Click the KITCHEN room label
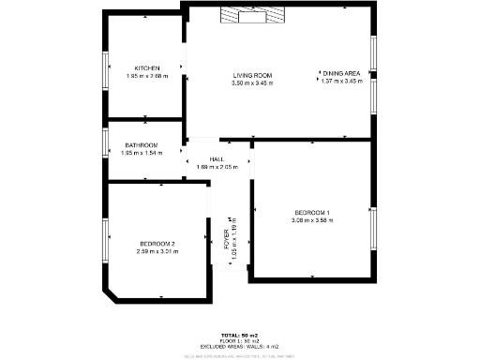147,68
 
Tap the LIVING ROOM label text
252,75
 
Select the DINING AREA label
342,73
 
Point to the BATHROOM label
142,145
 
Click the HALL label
217,159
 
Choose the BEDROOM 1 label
312,213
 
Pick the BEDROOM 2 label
156,244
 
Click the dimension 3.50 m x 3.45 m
252,83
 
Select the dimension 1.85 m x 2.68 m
147,77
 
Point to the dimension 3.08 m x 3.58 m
312,220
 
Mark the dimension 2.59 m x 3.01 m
156,251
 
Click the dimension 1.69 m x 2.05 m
217,167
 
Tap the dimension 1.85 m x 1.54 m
142,153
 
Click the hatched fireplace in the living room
251,14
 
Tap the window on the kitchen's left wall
106,67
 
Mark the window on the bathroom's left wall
106,144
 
